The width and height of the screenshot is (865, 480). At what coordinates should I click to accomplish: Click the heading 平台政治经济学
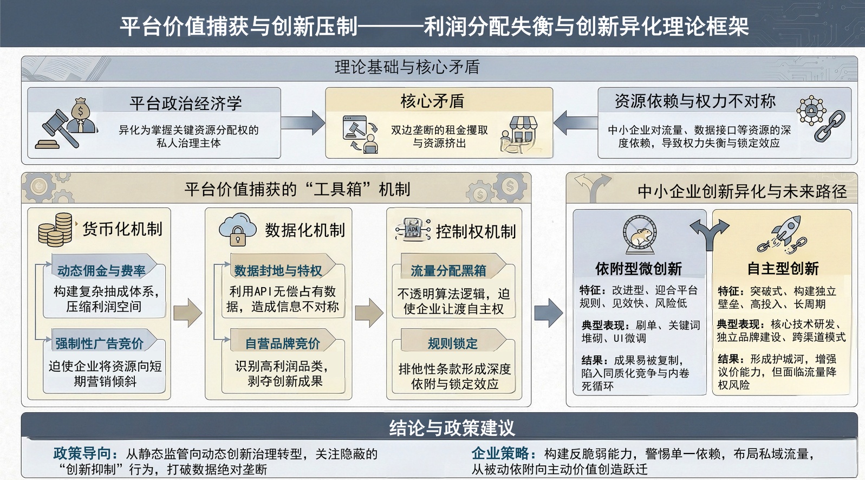185,103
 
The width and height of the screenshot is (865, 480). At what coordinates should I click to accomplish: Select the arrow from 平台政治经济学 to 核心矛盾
303,123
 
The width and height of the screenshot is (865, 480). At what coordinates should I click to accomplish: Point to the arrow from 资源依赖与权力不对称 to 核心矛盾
575,123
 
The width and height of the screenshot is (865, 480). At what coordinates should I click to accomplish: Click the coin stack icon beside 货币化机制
55,229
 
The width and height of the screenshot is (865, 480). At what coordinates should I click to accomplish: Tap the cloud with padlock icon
238,230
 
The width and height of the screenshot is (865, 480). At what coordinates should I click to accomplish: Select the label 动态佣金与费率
101,270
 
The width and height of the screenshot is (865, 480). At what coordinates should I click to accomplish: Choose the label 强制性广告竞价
100,343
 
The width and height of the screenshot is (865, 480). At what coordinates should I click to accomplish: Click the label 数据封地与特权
278,270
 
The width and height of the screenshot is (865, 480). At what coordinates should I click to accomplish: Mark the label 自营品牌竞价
282,343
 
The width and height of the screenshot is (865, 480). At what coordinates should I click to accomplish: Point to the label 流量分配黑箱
448,270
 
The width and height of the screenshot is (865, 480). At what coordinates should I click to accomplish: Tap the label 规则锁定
452,343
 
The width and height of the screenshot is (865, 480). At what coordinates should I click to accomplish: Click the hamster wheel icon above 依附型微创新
640,235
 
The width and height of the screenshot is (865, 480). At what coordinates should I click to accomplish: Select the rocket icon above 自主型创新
784,235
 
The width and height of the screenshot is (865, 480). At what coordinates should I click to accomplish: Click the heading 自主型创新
783,268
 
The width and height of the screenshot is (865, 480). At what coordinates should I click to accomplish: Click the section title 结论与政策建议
452,428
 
